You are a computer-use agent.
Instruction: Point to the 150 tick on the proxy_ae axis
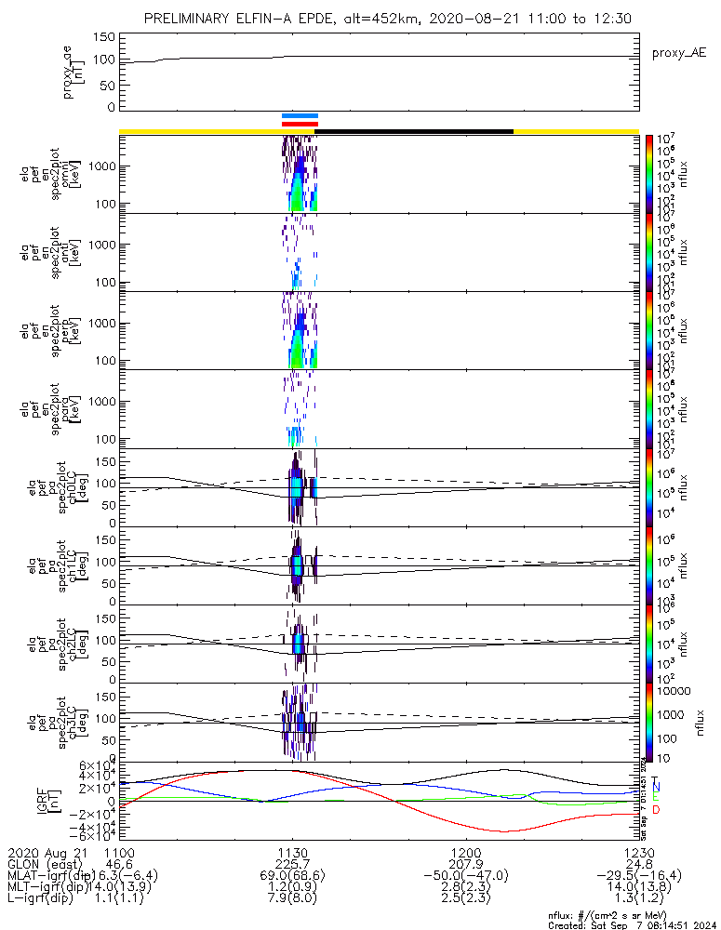pyautogui.click(x=104, y=37)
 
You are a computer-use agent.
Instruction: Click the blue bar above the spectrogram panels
pyautogui.click(x=300, y=116)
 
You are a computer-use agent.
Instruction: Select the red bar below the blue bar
pyautogui.click(x=300, y=123)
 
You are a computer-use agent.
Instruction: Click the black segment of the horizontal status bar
pyautogui.click(x=414, y=131)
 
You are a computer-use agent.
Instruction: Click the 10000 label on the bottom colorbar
pyautogui.click(x=675, y=691)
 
